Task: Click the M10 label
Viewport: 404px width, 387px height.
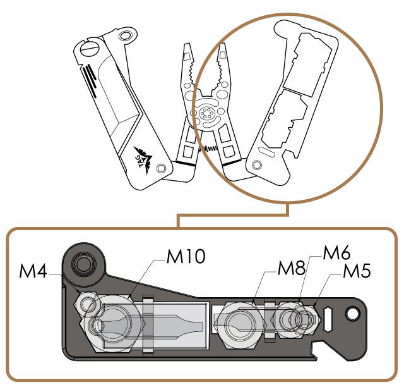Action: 186,257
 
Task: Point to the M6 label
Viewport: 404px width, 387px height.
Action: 337,254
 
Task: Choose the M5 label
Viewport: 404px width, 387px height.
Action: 357,272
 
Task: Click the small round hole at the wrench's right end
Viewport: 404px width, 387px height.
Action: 352,312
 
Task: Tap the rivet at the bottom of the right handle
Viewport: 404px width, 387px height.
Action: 256,165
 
